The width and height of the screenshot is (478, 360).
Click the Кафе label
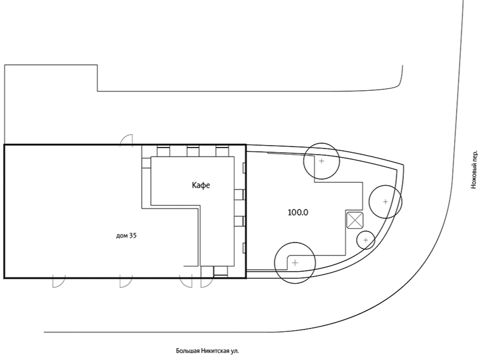tap(201, 185)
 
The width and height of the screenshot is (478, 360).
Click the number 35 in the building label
tap(133, 235)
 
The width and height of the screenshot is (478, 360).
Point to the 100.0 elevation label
tap(298, 213)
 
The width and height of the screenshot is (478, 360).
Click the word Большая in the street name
tap(187, 351)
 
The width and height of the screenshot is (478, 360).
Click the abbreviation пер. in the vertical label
tap(473, 155)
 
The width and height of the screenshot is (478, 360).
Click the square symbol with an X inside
tap(355, 220)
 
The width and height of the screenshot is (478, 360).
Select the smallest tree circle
tap(366, 232)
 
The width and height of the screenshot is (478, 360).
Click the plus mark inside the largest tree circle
tap(295, 263)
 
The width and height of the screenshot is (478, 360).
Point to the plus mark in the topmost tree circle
tap(321, 161)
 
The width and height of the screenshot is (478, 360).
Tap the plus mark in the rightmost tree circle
tap(385, 201)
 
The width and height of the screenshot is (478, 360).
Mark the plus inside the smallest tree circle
tap(366, 241)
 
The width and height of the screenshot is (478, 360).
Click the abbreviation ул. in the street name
tap(235, 351)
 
